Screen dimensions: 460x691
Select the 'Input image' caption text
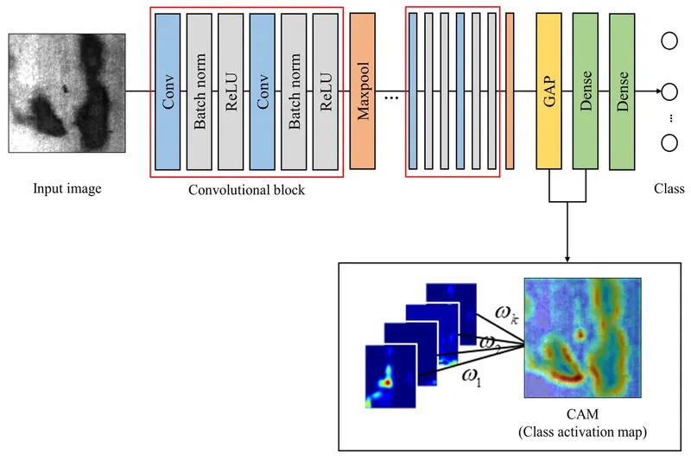coord(67,188)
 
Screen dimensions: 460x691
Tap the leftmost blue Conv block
coord(168,91)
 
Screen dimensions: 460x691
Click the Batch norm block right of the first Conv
coord(200,91)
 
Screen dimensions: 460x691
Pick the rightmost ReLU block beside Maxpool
coord(326,91)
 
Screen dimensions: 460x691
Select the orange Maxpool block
coord(363,91)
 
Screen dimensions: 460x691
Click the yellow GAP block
coord(548,91)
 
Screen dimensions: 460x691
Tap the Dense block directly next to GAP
coord(586,91)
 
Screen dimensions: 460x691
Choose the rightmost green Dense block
coord(623,91)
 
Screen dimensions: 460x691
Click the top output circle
coord(669,41)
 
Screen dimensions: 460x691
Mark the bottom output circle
coord(669,142)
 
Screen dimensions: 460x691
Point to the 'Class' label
coord(669,189)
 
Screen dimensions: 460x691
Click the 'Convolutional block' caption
coord(246,189)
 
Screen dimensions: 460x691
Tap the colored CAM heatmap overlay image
coord(583,338)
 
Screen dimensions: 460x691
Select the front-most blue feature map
coord(390,376)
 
